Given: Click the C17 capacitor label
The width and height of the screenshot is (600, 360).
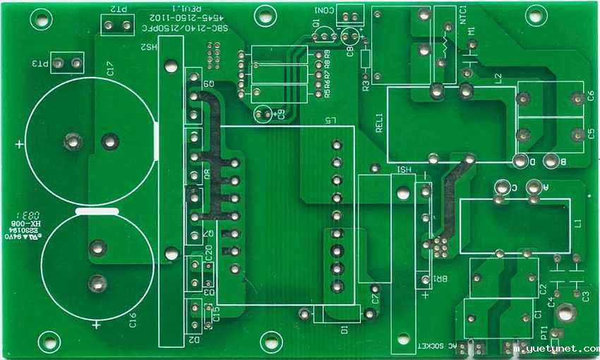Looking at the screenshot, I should [x=110, y=68].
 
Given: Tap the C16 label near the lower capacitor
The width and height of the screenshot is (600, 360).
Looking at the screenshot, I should [x=133, y=322].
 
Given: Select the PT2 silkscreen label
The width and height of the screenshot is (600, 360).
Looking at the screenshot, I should [x=119, y=10].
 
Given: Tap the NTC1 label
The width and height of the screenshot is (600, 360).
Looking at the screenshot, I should [x=463, y=15].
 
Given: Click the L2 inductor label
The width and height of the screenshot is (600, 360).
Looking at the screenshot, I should [x=498, y=78].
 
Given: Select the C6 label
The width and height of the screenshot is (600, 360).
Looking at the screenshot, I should [x=590, y=97].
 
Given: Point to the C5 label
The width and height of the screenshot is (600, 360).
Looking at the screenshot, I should [x=590, y=134].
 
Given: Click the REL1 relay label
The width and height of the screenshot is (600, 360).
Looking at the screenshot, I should [x=379, y=123].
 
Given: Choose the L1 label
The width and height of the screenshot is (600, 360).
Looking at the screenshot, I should [x=578, y=224].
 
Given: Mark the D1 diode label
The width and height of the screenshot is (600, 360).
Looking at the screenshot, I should [x=344, y=329].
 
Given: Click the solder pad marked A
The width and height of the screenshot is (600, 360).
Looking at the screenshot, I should [x=536, y=187].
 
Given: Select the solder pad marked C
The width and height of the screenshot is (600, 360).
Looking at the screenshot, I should [x=502, y=187].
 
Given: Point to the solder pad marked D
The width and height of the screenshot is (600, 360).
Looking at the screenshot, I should [x=520, y=161].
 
